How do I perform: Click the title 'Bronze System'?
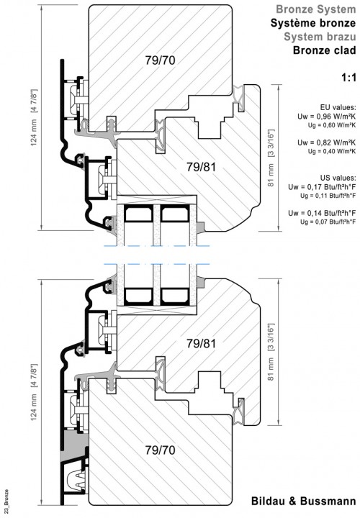click(316, 9)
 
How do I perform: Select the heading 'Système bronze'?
click(313, 23)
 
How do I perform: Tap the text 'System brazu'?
click(320, 37)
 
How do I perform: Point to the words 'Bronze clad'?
click(325, 50)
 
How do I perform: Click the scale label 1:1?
click(348, 78)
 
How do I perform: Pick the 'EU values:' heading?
click(338, 107)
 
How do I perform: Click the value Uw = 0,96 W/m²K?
click(327, 117)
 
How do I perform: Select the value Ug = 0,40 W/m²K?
click(332, 151)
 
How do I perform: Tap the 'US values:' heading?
click(338, 178)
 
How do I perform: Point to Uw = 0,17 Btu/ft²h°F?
click(322, 187)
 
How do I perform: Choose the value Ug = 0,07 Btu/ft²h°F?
click(328, 222)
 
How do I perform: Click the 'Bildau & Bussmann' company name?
click(304, 501)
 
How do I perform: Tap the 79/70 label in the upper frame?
click(160, 60)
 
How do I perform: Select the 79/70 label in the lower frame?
click(160, 450)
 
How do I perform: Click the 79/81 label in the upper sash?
click(201, 167)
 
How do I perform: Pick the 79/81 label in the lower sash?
click(201, 344)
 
